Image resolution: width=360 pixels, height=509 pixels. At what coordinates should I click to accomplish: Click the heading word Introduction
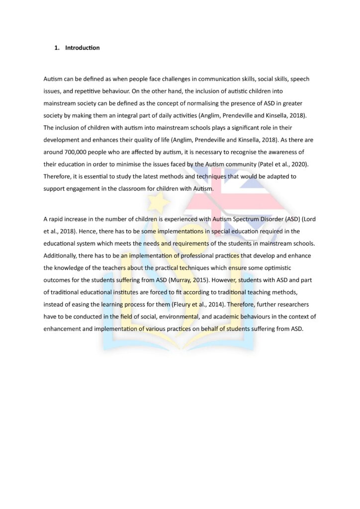(82, 48)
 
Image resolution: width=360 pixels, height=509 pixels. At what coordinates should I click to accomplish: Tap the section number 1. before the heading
(57, 48)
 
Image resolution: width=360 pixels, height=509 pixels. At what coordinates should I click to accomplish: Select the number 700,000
(76, 152)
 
